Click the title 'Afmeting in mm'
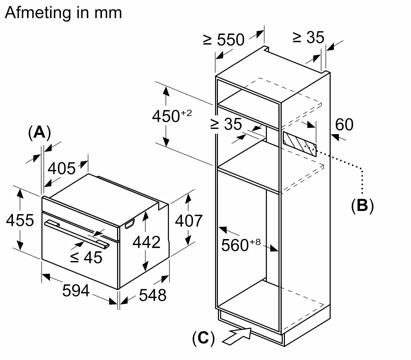coord(63,13)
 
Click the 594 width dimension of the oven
coord(76,291)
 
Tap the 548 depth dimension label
coord(153,295)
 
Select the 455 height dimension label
coord(20,220)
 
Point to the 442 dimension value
coord(147,242)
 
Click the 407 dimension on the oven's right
coord(189,221)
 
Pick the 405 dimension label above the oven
coord(62,168)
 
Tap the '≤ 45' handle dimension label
coord(86,257)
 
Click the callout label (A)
coord(40,132)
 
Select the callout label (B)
coord(362,206)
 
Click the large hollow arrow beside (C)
coord(237,336)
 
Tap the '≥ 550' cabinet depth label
coord(224,40)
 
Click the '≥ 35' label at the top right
coord(308,37)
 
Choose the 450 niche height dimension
coord(172,116)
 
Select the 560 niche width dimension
coord(241,245)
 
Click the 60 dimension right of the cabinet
coord(344,125)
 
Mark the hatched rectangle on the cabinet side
coord(300,144)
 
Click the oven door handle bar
coord(77,234)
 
